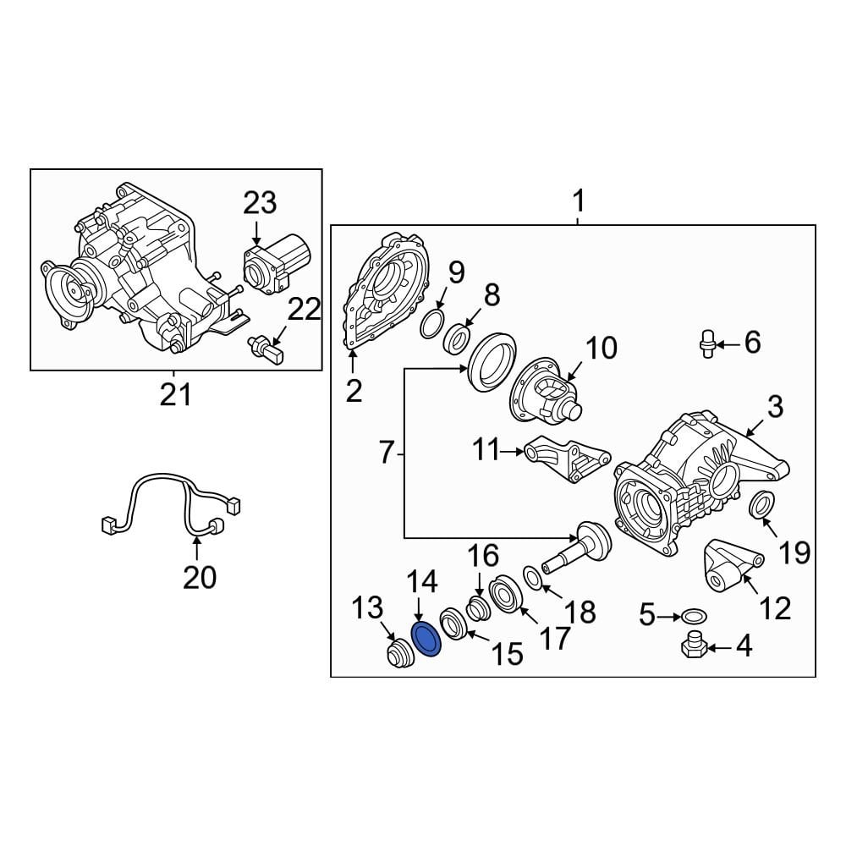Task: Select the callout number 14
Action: point(422,581)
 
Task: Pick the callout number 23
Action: point(260,204)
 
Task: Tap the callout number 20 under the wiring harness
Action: point(200,577)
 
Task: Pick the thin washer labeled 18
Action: point(534,578)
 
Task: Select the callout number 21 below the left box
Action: point(176,394)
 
